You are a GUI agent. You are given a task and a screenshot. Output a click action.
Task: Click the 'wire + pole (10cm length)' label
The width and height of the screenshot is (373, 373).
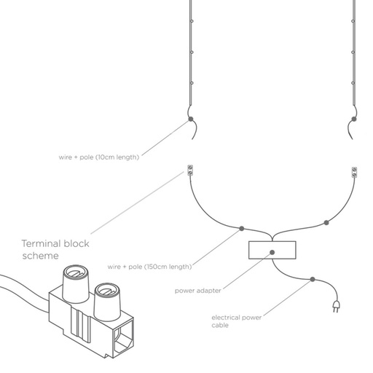(x=98, y=156)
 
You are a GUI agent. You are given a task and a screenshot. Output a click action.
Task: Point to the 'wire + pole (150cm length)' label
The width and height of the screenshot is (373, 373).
(x=149, y=266)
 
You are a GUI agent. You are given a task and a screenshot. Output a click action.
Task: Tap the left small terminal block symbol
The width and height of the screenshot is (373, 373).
(x=190, y=171)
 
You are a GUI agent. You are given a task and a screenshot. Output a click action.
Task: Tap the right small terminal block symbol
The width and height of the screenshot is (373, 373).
(x=354, y=172)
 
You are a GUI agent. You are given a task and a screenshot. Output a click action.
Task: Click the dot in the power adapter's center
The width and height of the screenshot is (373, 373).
(x=272, y=252)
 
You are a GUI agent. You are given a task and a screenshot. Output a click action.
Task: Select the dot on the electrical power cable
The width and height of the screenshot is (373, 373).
(x=313, y=279)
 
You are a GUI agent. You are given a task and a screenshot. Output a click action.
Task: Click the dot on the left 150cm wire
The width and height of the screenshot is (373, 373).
(x=241, y=228)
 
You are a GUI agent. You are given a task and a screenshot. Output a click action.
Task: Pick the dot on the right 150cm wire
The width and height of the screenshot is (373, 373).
(x=326, y=220)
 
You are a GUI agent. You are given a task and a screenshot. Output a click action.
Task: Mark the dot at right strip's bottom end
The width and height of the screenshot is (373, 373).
(x=354, y=119)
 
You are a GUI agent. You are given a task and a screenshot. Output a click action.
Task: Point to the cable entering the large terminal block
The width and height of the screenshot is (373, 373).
(x=22, y=290)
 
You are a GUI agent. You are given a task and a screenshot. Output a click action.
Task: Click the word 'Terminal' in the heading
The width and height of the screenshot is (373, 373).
(x=40, y=244)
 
